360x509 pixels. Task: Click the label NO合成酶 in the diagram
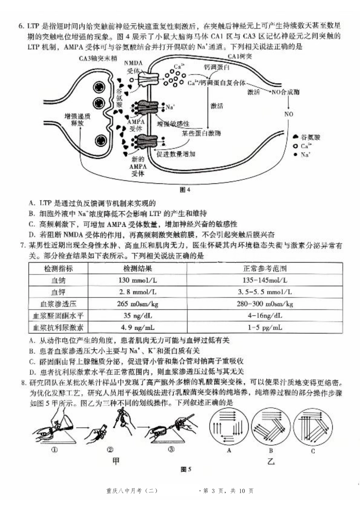click(285, 92)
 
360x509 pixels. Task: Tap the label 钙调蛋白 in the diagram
click(217, 67)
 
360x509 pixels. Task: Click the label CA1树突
click(239, 56)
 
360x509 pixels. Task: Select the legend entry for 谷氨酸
click(307, 137)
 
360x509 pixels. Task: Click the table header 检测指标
click(58, 269)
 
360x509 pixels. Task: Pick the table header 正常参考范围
click(265, 269)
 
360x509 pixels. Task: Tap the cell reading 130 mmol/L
click(137, 280)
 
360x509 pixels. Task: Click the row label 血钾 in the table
click(58, 292)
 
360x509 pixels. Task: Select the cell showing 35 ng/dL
click(137, 316)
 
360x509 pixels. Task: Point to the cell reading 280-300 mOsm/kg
click(265, 304)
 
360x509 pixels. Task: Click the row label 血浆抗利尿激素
click(58, 327)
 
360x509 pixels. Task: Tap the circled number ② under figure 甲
click(110, 449)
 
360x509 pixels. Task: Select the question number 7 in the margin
click(22, 246)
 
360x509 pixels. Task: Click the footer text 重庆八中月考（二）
click(131, 491)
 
